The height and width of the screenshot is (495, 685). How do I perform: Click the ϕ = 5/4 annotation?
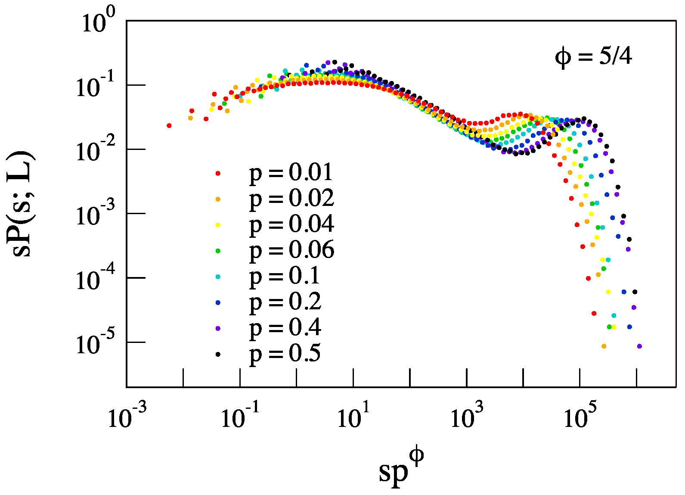tap(593, 56)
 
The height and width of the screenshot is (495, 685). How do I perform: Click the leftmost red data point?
tap(169, 126)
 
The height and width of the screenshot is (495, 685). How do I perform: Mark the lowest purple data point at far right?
tap(639, 346)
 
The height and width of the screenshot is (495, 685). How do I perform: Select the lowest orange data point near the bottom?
tap(604, 346)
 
